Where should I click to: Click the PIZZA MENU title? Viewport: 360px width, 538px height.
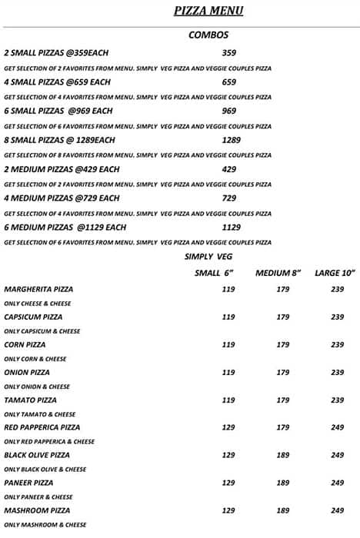pyautogui.click(x=208, y=11)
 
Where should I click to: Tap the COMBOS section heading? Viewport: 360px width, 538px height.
pyautogui.click(x=208, y=35)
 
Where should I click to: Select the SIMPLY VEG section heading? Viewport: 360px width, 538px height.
pyautogui.click(x=208, y=256)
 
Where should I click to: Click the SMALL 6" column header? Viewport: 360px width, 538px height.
pyautogui.click(x=213, y=273)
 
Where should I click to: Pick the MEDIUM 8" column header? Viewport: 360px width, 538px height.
pyautogui.click(x=278, y=273)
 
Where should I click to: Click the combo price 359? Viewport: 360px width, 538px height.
pyautogui.click(x=228, y=53)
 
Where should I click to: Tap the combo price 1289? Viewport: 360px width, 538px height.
pyautogui.click(x=231, y=140)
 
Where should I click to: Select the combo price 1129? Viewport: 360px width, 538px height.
pyautogui.click(x=231, y=227)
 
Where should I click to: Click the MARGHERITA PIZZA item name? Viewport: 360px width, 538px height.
pyautogui.click(x=38, y=290)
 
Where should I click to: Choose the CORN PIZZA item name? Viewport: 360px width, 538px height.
pyautogui.click(x=26, y=345)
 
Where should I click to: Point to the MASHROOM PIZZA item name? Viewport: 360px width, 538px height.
pyautogui.click(x=37, y=510)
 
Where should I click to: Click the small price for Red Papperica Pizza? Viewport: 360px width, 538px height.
pyautogui.click(x=228, y=427)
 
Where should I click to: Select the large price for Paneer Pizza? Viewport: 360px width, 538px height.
pyautogui.click(x=338, y=483)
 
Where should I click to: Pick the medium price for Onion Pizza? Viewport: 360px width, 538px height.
pyautogui.click(x=283, y=373)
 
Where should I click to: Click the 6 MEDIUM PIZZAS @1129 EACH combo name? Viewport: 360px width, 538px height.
pyautogui.click(x=65, y=227)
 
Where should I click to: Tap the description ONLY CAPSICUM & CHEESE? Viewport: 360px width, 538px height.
pyautogui.click(x=42, y=331)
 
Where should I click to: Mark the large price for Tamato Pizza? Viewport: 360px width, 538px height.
pyautogui.click(x=338, y=400)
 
